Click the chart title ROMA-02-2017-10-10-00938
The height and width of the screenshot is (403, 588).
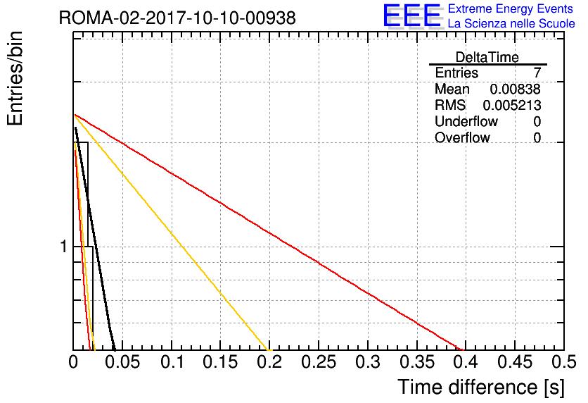(x=177, y=18)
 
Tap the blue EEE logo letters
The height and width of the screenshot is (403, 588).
(x=413, y=15)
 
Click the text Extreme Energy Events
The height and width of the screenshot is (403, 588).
(x=511, y=8)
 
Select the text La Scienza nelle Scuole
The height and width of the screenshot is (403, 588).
(x=511, y=24)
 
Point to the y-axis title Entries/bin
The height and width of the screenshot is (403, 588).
(x=15, y=79)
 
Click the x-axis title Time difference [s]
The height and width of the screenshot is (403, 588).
(x=481, y=387)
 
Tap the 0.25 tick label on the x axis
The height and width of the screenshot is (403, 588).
(x=319, y=362)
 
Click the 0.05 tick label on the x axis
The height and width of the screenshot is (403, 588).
(x=122, y=362)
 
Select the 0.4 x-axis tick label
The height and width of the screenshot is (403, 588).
(x=466, y=362)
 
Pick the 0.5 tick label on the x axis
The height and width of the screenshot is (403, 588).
(x=564, y=362)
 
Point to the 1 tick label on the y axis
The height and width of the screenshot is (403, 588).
(x=64, y=247)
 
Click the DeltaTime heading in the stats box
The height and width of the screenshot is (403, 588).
(x=487, y=57)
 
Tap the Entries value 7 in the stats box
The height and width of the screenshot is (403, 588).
(x=537, y=73)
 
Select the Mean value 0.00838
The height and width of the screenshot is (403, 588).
(x=516, y=89)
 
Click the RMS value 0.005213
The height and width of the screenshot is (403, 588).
(x=512, y=106)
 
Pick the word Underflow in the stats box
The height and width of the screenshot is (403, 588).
(x=466, y=121)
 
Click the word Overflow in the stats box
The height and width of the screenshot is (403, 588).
(x=462, y=138)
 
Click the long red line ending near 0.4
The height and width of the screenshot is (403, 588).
(x=269, y=232)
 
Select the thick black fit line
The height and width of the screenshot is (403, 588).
(x=94, y=239)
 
